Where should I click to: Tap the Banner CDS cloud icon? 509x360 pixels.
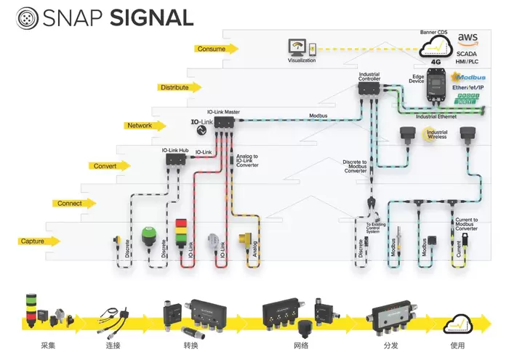[x=437, y=47]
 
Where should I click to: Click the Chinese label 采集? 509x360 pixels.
[x=44, y=346]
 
